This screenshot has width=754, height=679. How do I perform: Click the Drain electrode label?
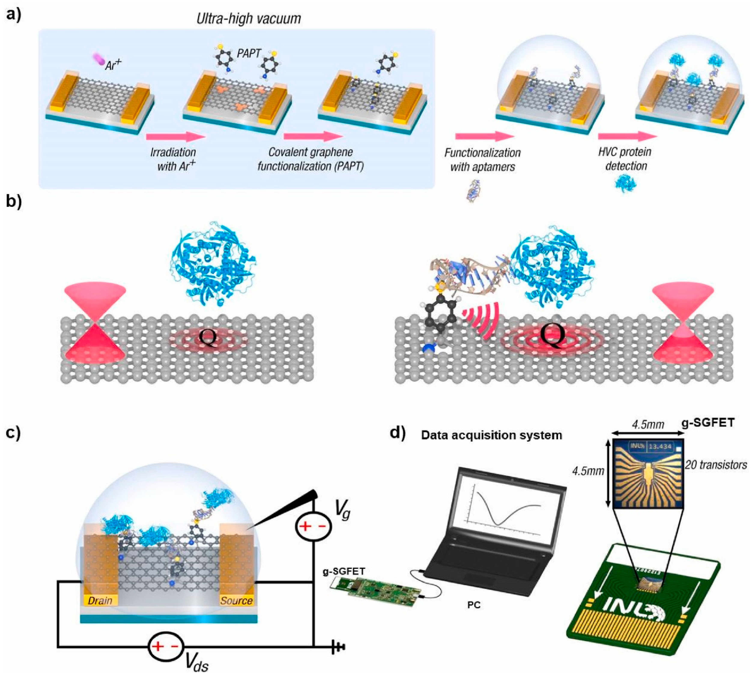100,601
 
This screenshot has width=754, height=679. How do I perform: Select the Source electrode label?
236,601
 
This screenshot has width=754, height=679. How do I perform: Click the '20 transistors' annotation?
716,465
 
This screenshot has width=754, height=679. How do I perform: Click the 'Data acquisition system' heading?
491,435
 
